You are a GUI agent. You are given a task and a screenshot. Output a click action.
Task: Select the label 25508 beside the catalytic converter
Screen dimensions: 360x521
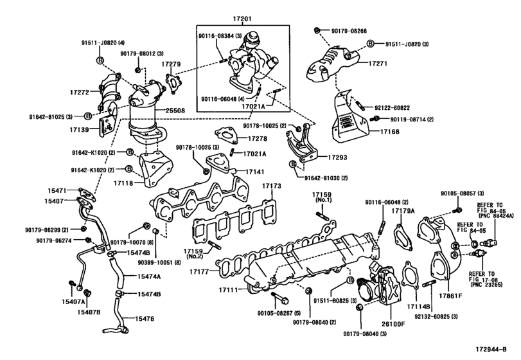click(x=175, y=110)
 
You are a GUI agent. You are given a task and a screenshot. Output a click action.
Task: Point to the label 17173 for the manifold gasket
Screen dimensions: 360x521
click(x=272, y=186)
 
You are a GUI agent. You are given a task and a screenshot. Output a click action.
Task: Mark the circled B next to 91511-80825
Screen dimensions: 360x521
click(x=351, y=281)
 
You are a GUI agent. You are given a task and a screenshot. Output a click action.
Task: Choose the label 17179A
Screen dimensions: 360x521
click(x=404, y=210)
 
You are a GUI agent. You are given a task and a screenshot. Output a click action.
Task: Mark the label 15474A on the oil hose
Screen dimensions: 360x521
click(x=147, y=276)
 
